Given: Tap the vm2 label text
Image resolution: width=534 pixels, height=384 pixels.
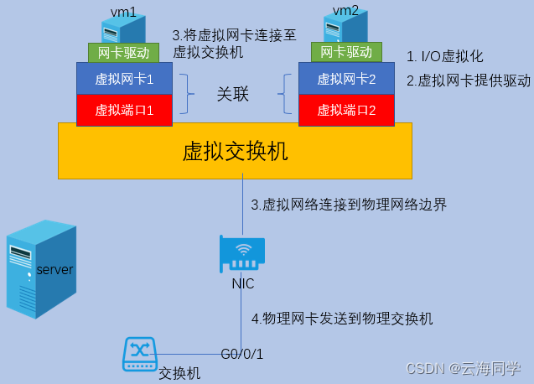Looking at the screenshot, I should pyautogui.click(x=345, y=9).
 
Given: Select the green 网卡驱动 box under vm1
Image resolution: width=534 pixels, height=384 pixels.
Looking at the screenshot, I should pyautogui.click(x=123, y=53).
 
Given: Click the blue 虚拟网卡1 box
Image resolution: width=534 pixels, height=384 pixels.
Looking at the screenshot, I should pyautogui.click(x=124, y=80).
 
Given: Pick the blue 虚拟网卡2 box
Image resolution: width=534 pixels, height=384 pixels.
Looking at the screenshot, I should pyautogui.click(x=346, y=80).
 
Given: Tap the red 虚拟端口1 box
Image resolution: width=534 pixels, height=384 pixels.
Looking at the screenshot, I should pyautogui.click(x=124, y=110).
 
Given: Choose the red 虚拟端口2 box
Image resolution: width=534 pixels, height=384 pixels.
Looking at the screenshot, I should pyautogui.click(x=346, y=110).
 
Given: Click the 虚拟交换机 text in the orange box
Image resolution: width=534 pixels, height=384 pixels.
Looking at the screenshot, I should pyautogui.click(x=235, y=151).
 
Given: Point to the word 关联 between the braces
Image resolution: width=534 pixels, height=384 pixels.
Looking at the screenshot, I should pyautogui.click(x=233, y=94).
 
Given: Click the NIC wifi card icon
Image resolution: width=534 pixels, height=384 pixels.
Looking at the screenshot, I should pyautogui.click(x=242, y=252).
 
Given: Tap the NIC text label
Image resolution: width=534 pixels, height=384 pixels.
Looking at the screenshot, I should pyautogui.click(x=243, y=283).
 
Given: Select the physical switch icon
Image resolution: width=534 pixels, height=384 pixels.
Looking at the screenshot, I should pyautogui.click(x=138, y=354).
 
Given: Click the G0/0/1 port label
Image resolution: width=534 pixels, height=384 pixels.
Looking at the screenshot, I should pyautogui.click(x=242, y=353).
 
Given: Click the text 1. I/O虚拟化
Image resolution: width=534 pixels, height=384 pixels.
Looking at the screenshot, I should pyautogui.click(x=445, y=57).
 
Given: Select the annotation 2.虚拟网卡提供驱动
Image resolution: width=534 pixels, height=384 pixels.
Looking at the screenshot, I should pyautogui.click(x=469, y=80).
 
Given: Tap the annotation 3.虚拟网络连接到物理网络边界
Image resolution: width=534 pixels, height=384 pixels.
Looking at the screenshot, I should pyautogui.click(x=349, y=205).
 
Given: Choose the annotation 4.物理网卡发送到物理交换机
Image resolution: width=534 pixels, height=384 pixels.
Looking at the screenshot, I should pyautogui.click(x=342, y=319).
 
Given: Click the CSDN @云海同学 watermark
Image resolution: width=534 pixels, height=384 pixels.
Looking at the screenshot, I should pyautogui.click(x=464, y=369).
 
